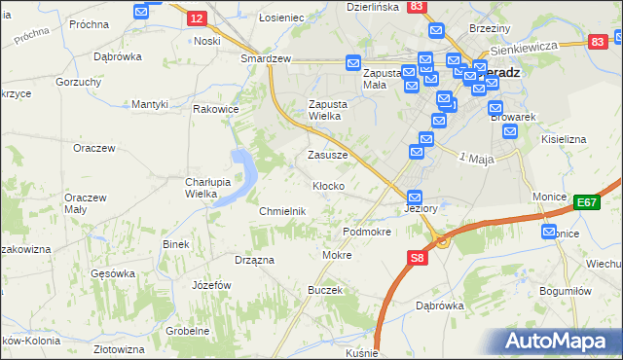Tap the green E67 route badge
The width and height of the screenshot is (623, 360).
pyautogui.click(x=586, y=202)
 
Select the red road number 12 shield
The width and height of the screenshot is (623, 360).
pyautogui.click(x=196, y=18)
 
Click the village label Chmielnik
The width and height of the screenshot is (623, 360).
pyautogui.click(x=283, y=211)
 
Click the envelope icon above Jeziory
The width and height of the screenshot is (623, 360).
pyautogui.click(x=415, y=196)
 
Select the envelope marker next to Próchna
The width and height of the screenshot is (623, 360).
pyautogui.click(x=141, y=12)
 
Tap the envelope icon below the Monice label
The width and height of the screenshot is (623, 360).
pyautogui.click(x=549, y=232)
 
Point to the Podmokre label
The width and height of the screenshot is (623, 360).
pyautogui.click(x=367, y=233)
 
